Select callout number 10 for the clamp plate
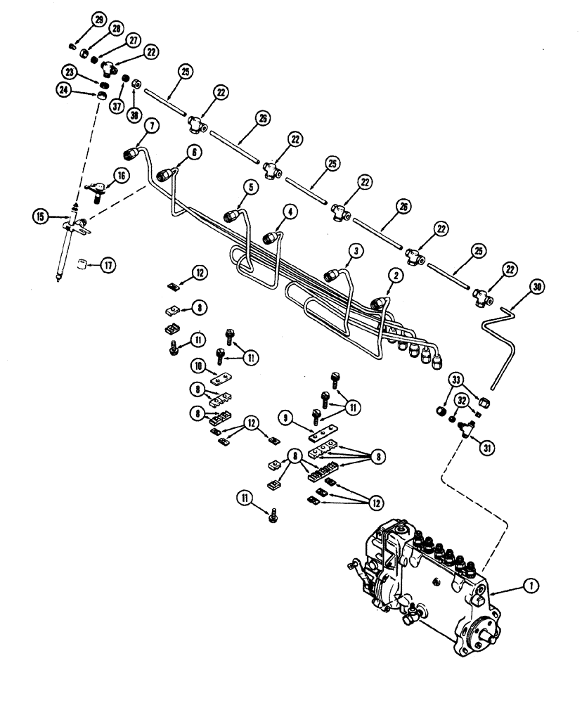pyautogui.click(x=199, y=366)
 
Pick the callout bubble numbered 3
pyautogui.click(x=357, y=250)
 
